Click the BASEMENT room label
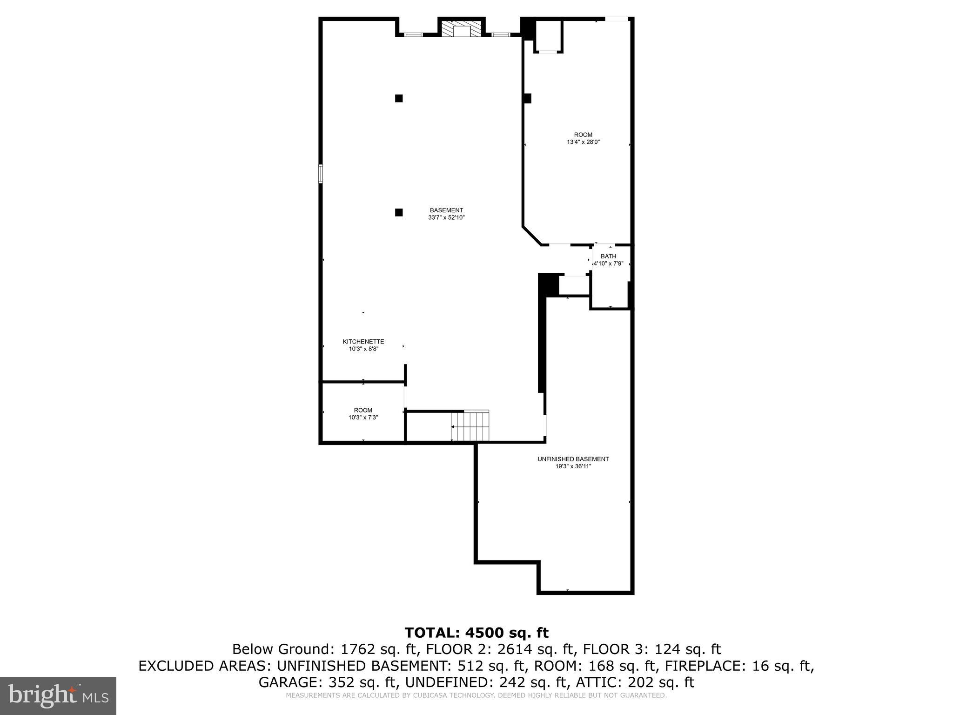446,210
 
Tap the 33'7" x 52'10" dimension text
446,217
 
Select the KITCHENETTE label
363,342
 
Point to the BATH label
608,256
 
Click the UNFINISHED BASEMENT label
573,459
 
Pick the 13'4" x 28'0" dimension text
583,142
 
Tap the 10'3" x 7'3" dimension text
363,418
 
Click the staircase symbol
470,425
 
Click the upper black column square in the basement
399,98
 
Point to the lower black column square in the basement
399,212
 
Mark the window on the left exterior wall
321,173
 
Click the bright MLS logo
58,695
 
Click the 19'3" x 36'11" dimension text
573,466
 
